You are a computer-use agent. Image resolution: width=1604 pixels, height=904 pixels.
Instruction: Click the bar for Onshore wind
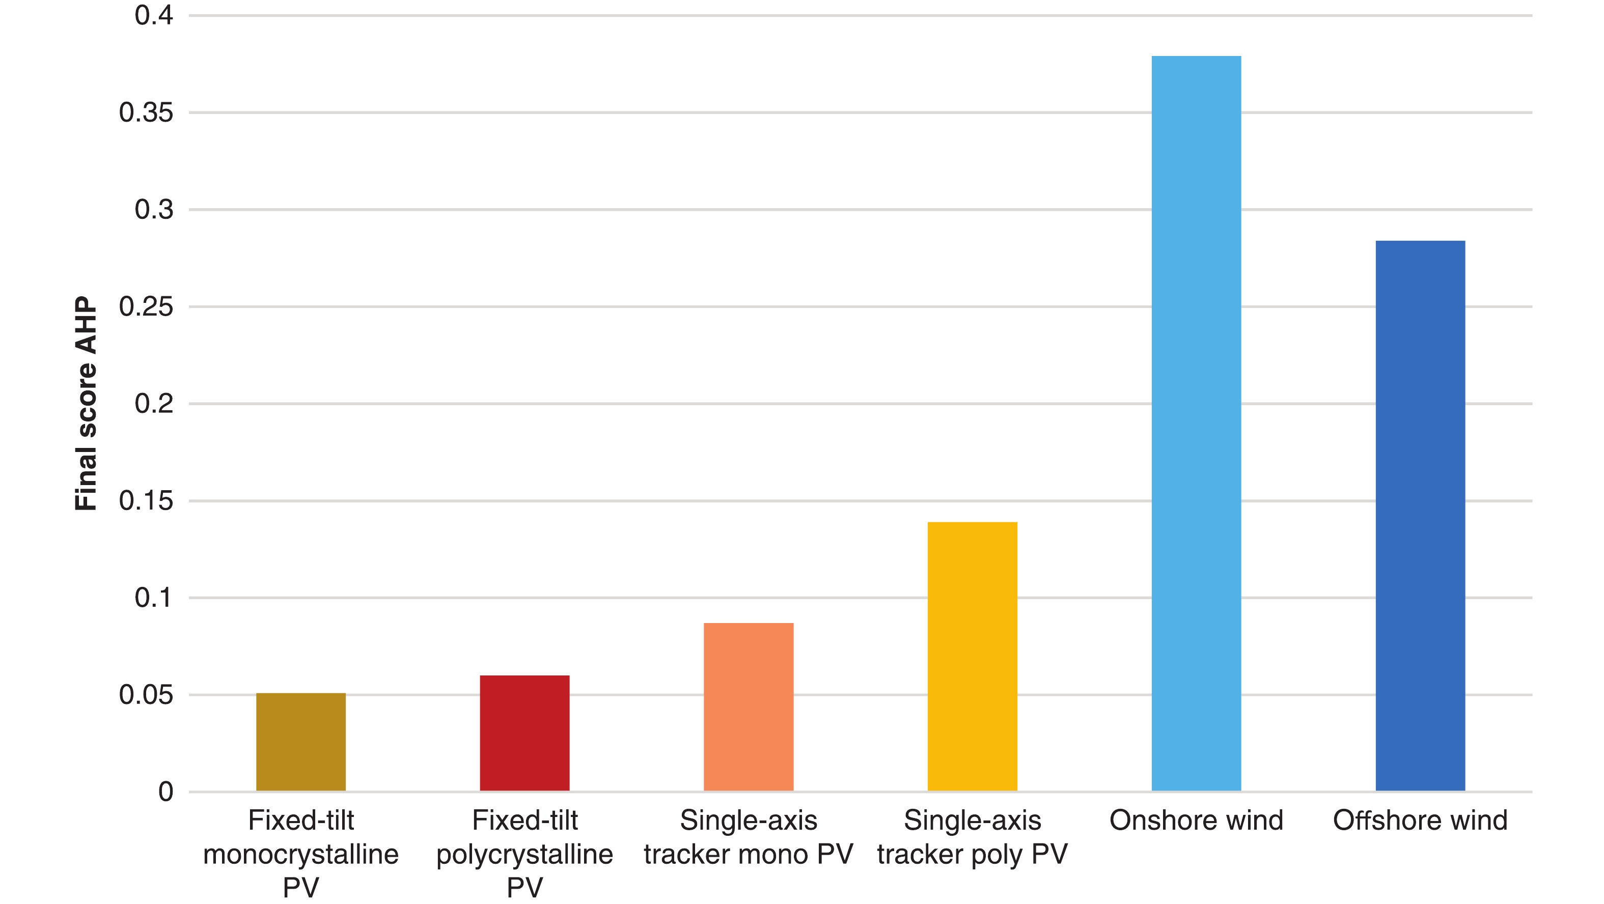click(x=1196, y=423)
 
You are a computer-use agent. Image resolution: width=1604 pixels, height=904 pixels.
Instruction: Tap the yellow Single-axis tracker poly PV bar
click(x=972, y=656)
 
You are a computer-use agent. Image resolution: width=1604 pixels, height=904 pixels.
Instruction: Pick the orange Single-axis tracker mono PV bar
click(x=749, y=707)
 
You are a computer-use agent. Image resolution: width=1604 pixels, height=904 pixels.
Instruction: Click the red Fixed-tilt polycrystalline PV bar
click(x=524, y=733)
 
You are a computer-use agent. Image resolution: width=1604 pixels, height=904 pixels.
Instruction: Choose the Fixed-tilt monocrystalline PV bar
click(x=301, y=742)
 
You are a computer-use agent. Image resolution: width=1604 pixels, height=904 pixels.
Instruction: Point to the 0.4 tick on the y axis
click(x=154, y=16)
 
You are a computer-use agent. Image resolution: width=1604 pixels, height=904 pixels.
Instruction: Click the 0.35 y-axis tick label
click(x=146, y=112)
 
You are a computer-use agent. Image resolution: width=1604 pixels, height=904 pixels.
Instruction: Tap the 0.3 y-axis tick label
click(x=154, y=210)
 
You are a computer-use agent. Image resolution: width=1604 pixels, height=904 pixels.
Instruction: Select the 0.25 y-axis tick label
click(x=146, y=307)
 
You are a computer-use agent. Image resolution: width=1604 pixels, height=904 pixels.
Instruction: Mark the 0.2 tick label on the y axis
click(x=154, y=404)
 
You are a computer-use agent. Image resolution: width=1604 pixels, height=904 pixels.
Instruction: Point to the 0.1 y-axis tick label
click(x=154, y=598)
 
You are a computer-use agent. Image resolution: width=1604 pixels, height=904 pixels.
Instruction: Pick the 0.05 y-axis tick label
click(x=146, y=695)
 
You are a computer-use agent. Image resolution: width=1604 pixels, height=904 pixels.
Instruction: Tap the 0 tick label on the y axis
click(x=165, y=792)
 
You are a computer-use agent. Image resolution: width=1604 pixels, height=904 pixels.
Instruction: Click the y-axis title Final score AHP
click(x=86, y=404)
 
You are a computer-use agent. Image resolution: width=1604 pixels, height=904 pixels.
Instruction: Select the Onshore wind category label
click(x=1196, y=821)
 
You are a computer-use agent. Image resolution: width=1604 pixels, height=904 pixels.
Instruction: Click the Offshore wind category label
click(x=1420, y=821)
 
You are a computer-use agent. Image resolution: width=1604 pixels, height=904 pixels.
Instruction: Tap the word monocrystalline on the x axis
click(x=301, y=854)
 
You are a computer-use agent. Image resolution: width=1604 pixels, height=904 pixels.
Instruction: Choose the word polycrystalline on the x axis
click(x=524, y=854)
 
